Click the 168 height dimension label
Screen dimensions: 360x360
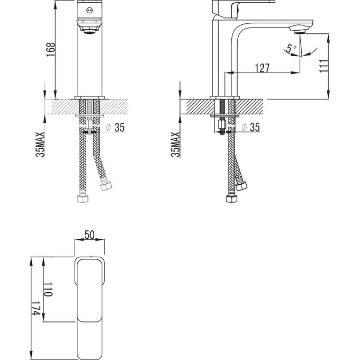(51, 50)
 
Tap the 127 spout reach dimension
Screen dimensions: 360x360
(262, 68)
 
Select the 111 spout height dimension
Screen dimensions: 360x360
(323, 66)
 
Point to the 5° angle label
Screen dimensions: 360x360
(291, 49)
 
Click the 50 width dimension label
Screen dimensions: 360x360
(89, 235)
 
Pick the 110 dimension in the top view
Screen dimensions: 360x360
(48, 290)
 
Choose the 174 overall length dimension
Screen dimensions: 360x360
(35, 308)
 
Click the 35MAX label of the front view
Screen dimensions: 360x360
(40, 145)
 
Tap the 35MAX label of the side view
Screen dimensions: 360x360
(175, 145)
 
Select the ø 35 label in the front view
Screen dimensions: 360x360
(116, 128)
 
